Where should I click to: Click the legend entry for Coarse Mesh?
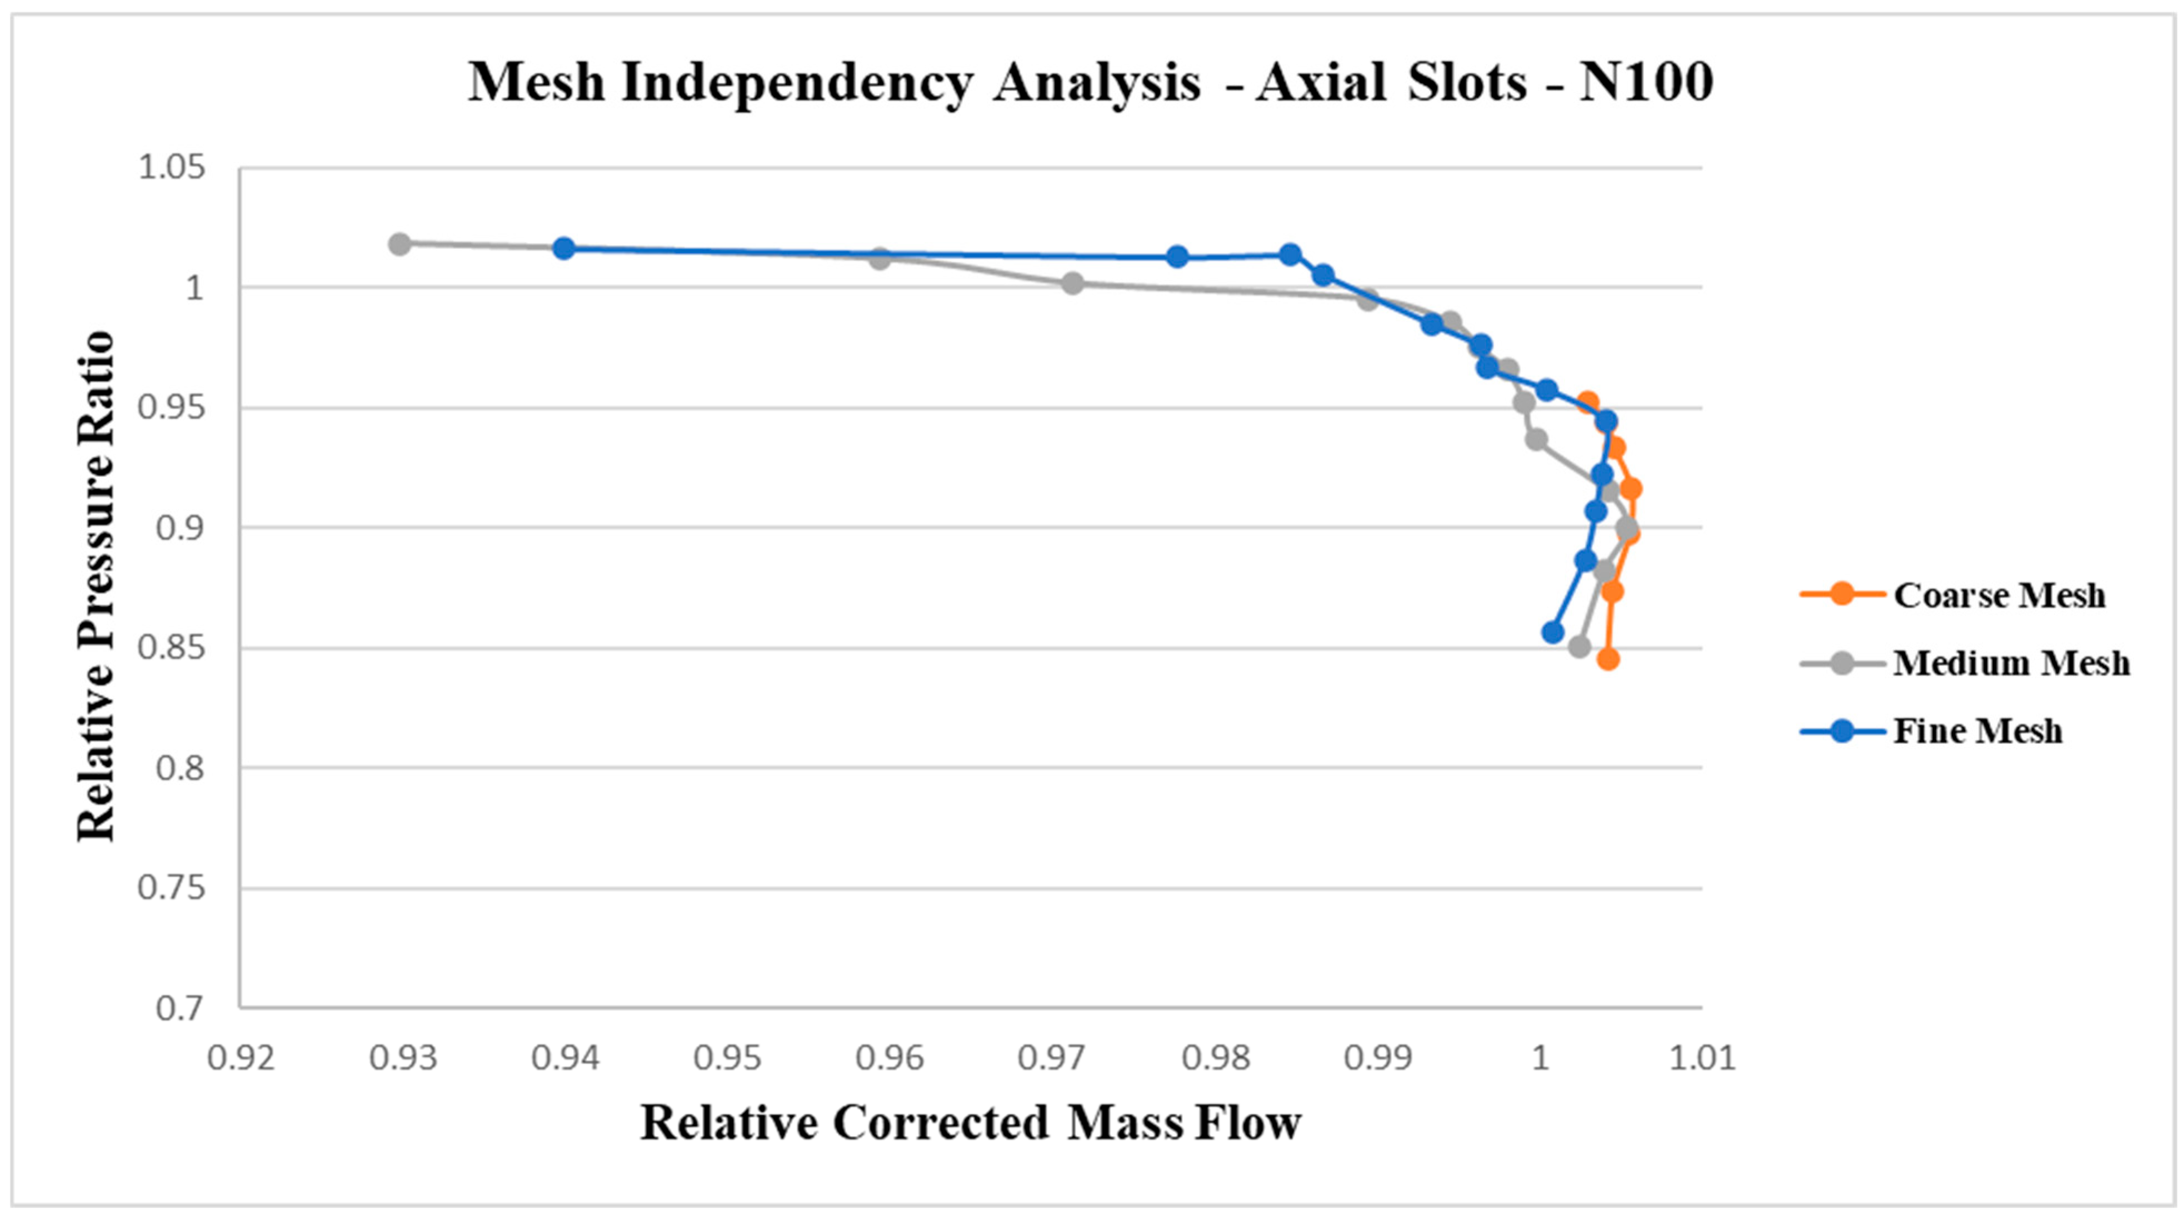tap(1999, 595)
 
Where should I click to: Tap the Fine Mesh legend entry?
tap(1977, 731)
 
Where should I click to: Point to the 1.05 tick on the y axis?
tap(172, 168)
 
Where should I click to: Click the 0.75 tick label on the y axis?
tap(172, 888)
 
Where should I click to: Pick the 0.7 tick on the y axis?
tap(181, 1008)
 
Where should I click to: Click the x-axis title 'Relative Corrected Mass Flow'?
tap(970, 1123)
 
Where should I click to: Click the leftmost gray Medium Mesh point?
tap(399, 244)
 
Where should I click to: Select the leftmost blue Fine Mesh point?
tap(564, 248)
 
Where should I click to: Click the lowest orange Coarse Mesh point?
tap(1607, 659)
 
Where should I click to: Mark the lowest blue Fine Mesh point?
tap(1552, 632)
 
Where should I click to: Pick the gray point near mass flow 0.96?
tap(880, 258)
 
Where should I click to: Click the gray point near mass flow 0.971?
tap(1072, 284)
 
